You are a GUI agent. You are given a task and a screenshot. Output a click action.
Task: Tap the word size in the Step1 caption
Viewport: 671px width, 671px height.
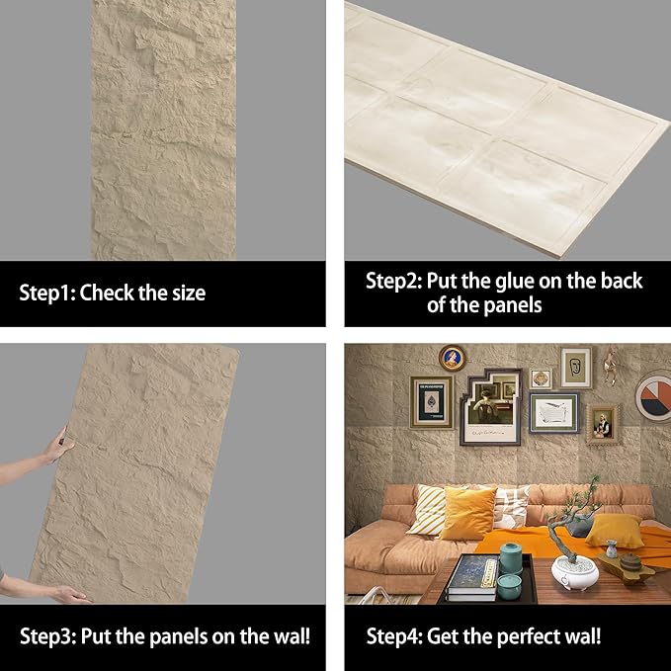click(x=184, y=293)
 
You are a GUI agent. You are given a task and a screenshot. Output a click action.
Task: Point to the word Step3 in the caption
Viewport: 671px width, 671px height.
click(x=46, y=634)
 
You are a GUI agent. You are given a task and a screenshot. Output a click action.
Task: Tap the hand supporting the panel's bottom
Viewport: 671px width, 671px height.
click(x=71, y=593)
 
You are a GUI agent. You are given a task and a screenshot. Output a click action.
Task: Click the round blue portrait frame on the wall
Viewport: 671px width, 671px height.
click(x=453, y=358)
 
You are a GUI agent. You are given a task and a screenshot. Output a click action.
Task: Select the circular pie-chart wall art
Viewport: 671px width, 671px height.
click(x=653, y=395)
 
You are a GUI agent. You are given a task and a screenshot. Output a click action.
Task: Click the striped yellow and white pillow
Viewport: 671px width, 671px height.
click(x=431, y=510)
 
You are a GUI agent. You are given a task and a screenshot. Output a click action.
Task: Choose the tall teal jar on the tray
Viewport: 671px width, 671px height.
click(x=510, y=559)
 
